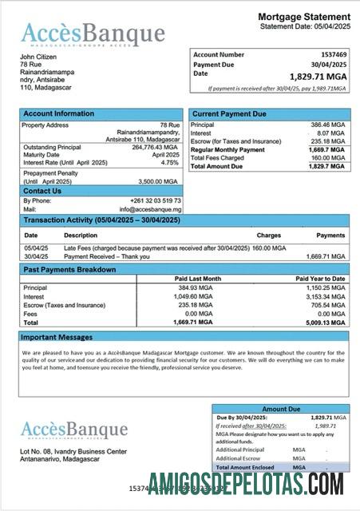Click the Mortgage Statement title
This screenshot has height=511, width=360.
pos(303,17)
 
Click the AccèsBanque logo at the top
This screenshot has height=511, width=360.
pos(93,34)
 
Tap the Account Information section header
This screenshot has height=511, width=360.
pos(58,114)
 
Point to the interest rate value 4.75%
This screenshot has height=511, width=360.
pos(169,162)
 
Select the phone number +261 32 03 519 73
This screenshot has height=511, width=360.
pos(156,200)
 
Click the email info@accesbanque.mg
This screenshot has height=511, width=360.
pos(156,209)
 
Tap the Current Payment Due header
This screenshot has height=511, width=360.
pos(229,114)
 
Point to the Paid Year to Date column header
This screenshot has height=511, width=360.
pos(326,279)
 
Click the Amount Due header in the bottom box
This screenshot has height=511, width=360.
pos(281,408)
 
